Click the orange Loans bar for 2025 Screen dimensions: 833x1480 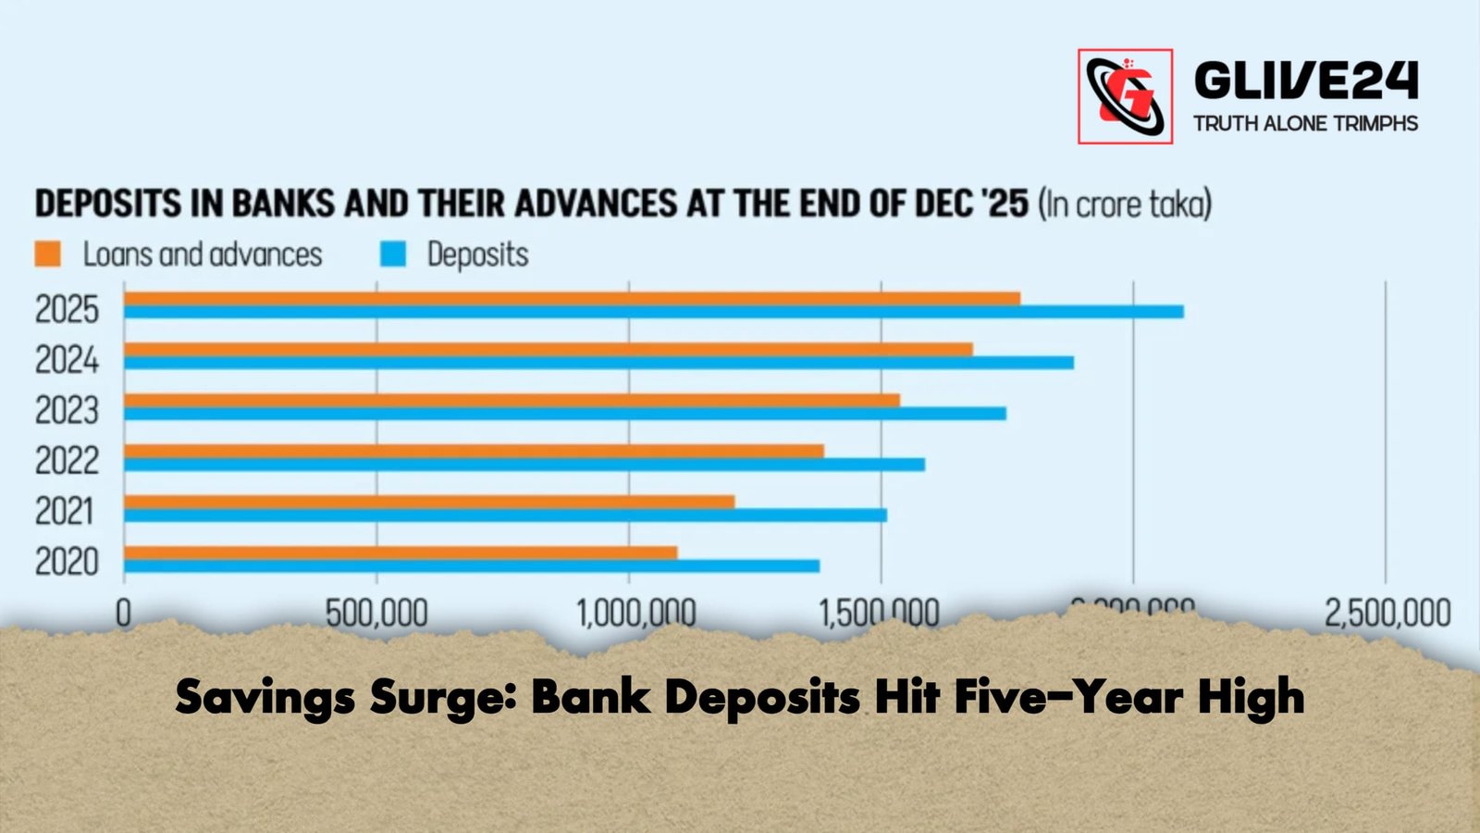pos(572,298)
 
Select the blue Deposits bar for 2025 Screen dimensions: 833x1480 pos(653,312)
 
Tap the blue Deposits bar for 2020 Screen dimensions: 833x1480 pos(472,566)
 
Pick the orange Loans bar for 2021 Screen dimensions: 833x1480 pos(429,502)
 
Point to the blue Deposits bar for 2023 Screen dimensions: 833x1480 pos(565,414)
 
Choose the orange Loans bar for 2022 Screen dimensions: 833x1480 pos(474,451)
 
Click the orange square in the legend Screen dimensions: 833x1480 pos(48,255)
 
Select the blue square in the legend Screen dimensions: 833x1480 pos(393,255)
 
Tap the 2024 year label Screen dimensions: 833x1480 pos(67,359)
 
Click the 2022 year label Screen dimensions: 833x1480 pos(67,460)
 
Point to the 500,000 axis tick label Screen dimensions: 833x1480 pos(376,613)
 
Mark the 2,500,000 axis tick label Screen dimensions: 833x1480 pos(1387,613)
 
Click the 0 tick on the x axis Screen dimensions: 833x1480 pos(123,613)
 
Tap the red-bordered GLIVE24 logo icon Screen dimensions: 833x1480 pos(1125,96)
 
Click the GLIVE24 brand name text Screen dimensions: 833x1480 pos(1305,81)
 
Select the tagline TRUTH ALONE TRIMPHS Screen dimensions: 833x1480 pos(1305,123)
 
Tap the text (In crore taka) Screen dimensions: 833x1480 pos(1125,203)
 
